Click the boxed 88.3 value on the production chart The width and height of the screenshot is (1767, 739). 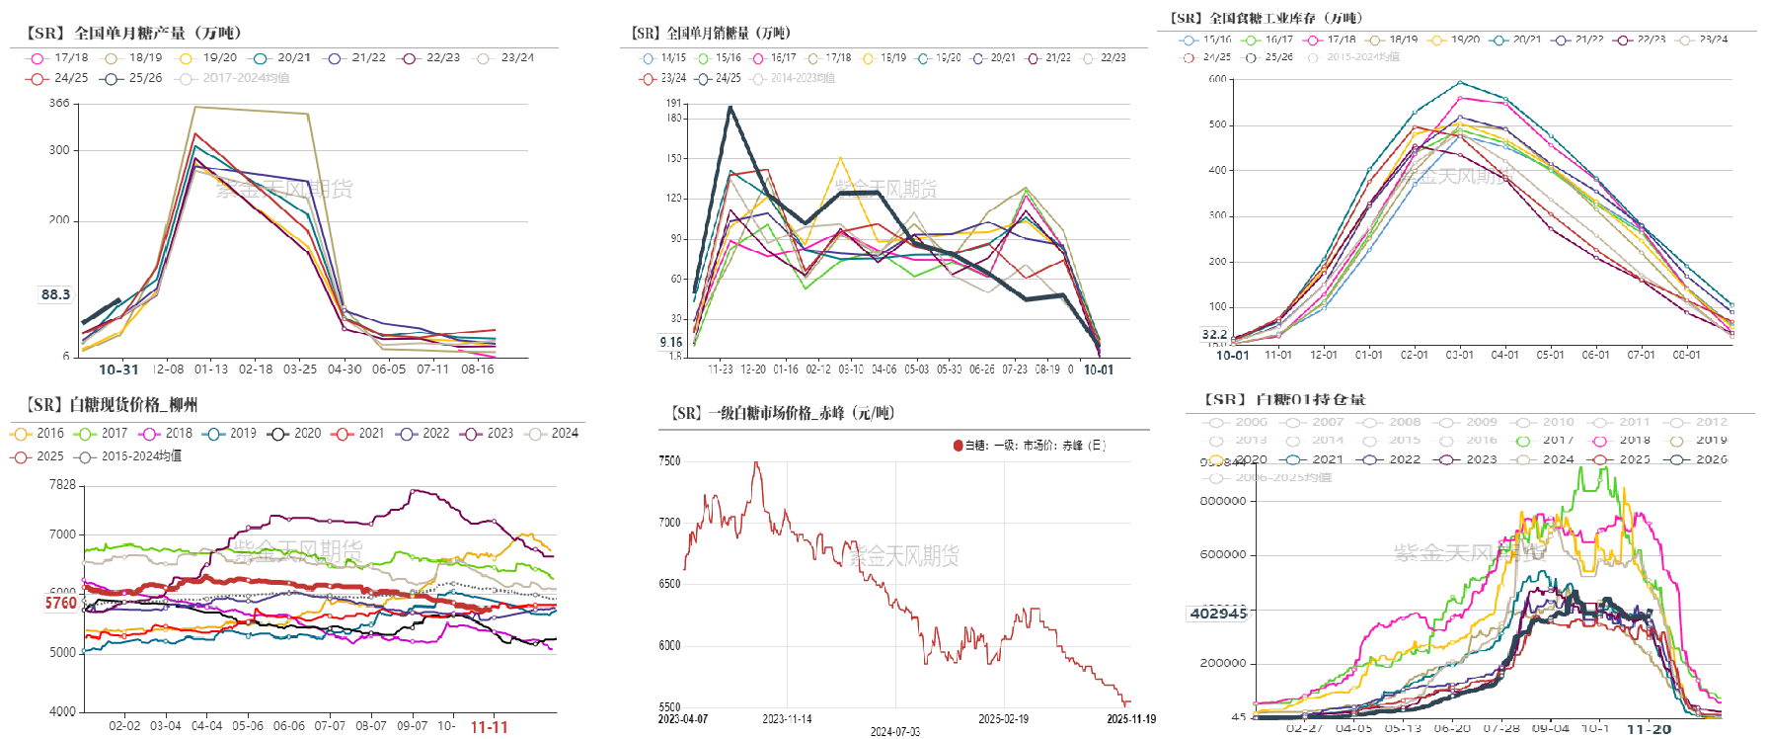[55, 294]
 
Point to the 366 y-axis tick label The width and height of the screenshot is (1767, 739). [59, 103]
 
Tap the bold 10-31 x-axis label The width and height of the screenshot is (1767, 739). [118, 369]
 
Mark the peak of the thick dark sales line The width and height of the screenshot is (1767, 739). [730, 108]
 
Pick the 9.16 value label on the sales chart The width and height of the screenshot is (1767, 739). [671, 342]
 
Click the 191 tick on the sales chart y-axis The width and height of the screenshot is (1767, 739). [673, 103]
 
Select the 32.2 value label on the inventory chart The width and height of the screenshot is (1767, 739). [1214, 335]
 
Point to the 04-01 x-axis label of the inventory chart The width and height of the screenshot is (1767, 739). [1504, 355]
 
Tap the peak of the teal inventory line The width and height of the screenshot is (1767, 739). [1460, 82]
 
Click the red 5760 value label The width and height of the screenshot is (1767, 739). [61, 603]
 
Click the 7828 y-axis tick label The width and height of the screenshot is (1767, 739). [62, 485]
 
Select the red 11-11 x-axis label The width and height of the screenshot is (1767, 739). [489, 727]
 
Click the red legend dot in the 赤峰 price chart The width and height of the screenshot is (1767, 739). [958, 446]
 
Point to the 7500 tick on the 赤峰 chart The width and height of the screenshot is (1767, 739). [669, 460]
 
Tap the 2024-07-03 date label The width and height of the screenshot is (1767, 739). [894, 732]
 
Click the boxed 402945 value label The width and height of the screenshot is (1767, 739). [1218, 614]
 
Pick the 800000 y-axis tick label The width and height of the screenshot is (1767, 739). [1222, 501]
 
